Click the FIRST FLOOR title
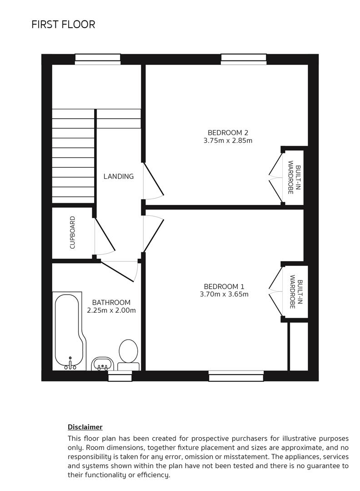coord(63,24)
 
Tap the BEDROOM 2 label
coord(228,133)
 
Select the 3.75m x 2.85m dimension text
coord(228,140)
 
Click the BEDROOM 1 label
coord(224,286)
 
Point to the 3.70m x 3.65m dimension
coord(224,294)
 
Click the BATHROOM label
coord(111,302)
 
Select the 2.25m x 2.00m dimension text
coord(111,311)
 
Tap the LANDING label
coord(119,176)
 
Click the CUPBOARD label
coord(72,233)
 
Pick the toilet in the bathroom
coord(129,355)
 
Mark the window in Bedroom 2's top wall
coord(244,59)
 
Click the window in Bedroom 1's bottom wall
coord(236,376)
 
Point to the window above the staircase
coord(98,59)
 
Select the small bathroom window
coord(120,376)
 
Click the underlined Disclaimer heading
coord(85,427)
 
